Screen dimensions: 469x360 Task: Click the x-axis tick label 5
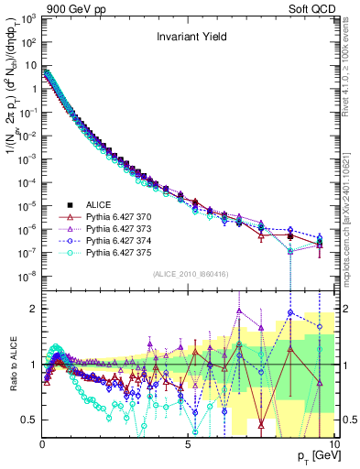point(188,444)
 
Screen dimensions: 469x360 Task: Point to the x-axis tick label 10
point(333,444)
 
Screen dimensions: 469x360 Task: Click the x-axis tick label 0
point(42,444)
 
